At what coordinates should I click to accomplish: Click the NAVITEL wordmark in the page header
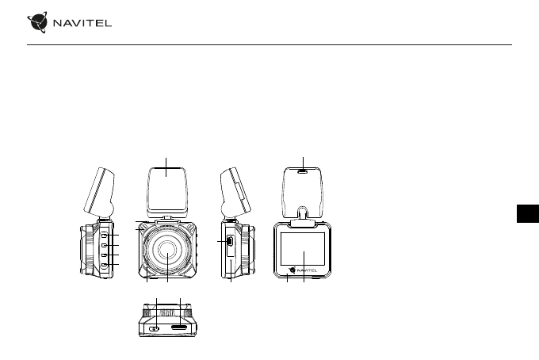(82, 23)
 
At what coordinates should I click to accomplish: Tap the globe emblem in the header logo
(37, 22)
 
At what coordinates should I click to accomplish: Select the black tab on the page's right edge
(528, 213)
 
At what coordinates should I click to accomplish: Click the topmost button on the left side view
(105, 235)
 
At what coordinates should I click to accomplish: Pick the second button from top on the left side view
(105, 245)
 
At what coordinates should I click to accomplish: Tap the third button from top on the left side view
(105, 255)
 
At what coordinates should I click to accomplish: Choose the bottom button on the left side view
(105, 265)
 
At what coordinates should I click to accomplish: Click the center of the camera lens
(167, 250)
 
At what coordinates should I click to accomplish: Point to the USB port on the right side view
(230, 241)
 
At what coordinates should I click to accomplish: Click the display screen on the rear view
(303, 249)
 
